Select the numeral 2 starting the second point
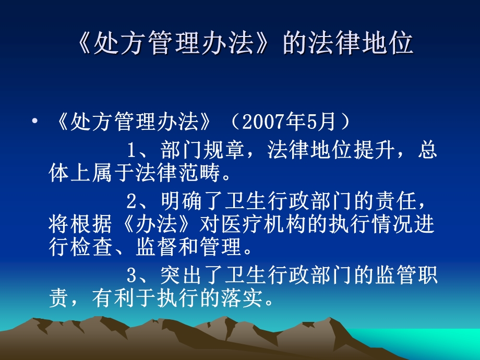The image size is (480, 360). (131, 199)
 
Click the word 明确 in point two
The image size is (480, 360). (181, 199)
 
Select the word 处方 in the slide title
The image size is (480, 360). (112, 44)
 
